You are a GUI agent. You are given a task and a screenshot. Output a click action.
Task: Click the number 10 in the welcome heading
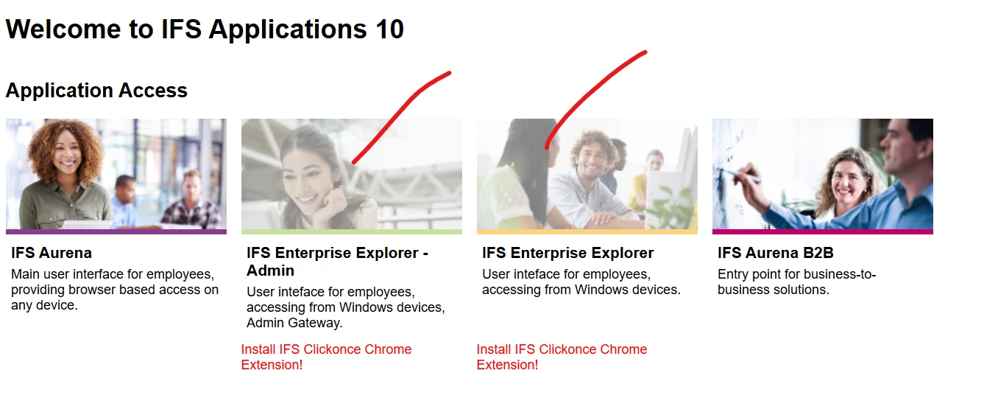pyautogui.click(x=389, y=29)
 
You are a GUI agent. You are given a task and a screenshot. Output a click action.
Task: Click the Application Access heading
pyautogui.click(x=96, y=91)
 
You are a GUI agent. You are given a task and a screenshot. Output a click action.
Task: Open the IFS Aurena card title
pyautogui.click(x=52, y=253)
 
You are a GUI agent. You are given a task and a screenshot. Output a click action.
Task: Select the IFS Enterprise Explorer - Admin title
pyautogui.click(x=337, y=262)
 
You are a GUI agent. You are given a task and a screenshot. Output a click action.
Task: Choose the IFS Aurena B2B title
pyautogui.click(x=775, y=253)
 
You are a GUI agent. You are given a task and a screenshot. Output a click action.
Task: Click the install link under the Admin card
pyautogui.click(x=326, y=357)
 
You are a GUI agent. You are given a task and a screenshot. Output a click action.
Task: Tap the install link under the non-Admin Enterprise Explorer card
pyautogui.click(x=562, y=357)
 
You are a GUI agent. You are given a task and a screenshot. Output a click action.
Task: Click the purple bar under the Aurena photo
pyautogui.click(x=116, y=232)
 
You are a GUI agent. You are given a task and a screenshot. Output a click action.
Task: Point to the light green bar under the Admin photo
pyautogui.click(x=352, y=232)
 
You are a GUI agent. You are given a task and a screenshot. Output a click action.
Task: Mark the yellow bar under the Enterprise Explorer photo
pyautogui.click(x=587, y=232)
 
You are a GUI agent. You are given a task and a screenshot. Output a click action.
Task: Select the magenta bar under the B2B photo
pyautogui.click(x=822, y=232)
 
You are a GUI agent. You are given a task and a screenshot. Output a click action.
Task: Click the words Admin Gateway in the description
pyautogui.click(x=294, y=323)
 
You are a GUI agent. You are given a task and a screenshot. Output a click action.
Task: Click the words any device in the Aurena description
pyautogui.click(x=44, y=306)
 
